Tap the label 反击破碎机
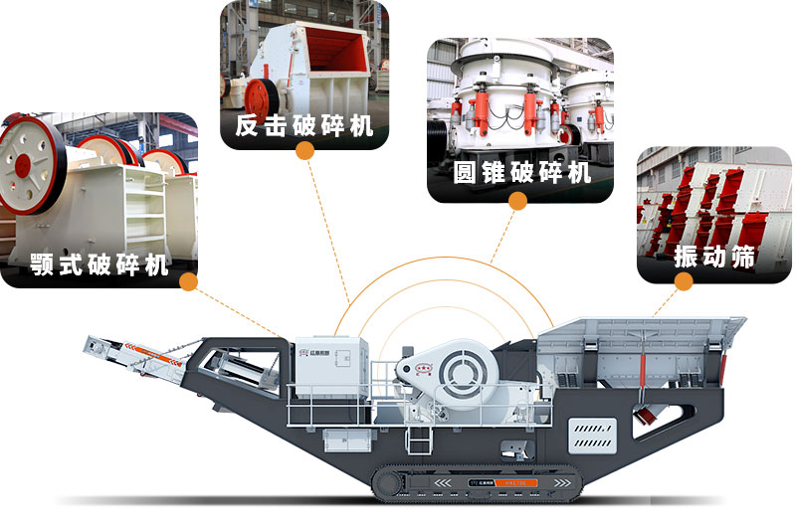304,126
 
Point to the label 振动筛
714,256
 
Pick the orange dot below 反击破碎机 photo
304,150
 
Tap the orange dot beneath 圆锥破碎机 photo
517,200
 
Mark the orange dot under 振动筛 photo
684,281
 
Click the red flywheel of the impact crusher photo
261,98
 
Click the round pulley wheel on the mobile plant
461,372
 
